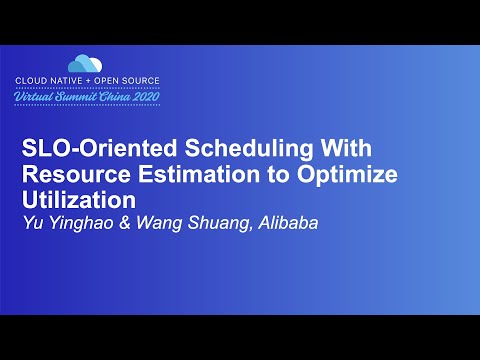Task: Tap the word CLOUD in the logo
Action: point(35,80)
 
